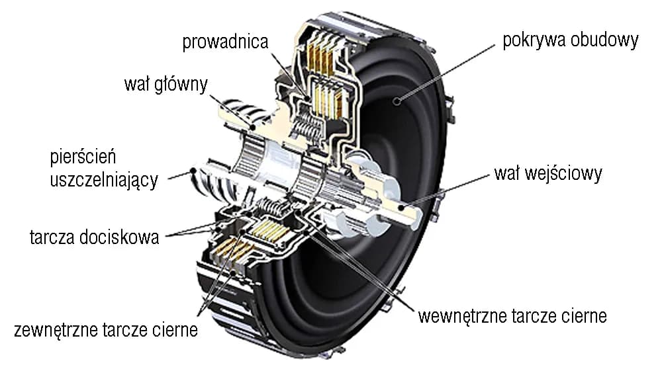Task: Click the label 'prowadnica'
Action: (x=226, y=42)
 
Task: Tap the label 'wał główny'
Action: (x=165, y=85)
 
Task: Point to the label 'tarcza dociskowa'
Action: (x=95, y=237)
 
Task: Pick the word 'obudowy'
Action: (x=605, y=40)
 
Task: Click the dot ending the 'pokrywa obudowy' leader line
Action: (x=397, y=101)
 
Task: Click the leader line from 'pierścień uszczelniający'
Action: (x=179, y=173)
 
